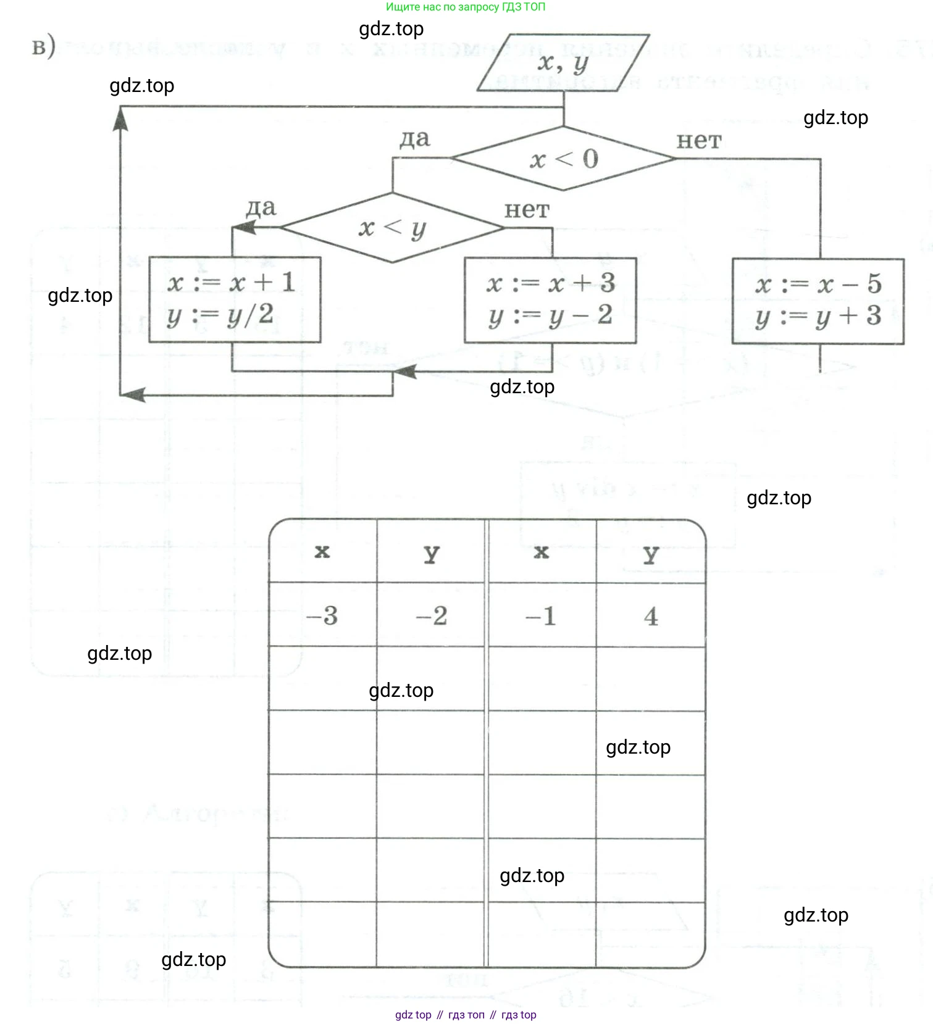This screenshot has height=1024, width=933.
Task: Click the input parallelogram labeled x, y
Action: [563, 62]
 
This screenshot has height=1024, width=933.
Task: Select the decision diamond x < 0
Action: [563, 159]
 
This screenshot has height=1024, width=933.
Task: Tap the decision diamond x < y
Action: [392, 228]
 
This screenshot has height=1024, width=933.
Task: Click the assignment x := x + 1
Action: [232, 283]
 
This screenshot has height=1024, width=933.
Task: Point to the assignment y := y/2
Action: [220, 315]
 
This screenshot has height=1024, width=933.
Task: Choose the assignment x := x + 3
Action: [551, 283]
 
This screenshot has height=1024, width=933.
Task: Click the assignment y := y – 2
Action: [551, 316]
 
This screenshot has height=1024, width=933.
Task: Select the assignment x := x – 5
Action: [818, 284]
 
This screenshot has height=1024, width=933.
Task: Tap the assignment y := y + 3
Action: [818, 317]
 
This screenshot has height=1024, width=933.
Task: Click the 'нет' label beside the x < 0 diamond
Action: [698, 141]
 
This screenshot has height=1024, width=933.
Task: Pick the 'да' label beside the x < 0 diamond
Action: [414, 139]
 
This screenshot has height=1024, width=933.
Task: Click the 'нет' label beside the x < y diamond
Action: [526, 210]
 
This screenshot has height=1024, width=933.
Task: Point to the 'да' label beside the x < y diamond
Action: [261, 207]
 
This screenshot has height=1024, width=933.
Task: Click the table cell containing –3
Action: [322, 615]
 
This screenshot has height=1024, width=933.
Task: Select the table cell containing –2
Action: [432, 615]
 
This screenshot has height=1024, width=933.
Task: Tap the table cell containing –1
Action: [542, 615]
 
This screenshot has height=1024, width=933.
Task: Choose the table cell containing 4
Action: [651, 615]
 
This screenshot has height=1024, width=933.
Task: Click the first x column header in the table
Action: [322, 551]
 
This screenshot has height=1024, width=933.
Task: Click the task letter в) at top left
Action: [43, 47]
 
